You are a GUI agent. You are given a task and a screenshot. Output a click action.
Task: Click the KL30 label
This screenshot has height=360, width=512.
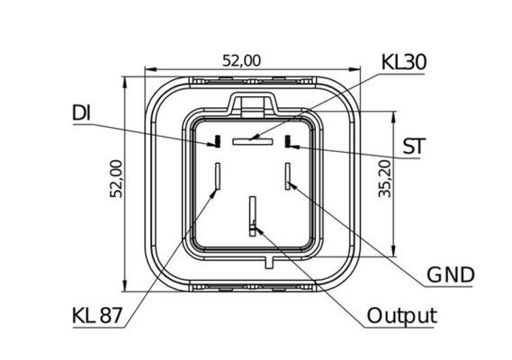[403, 61]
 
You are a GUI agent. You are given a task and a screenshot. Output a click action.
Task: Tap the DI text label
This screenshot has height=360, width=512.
[81, 114]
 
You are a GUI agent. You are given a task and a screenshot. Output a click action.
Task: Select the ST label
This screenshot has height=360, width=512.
[413, 147]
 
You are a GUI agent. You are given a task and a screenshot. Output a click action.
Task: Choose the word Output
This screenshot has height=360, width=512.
[401, 316]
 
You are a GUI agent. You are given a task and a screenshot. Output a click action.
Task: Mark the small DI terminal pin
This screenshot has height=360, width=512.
[216, 141]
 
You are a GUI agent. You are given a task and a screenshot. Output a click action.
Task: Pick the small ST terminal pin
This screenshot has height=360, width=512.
[289, 141]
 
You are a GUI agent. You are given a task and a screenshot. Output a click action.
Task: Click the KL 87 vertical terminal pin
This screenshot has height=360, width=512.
[217, 177]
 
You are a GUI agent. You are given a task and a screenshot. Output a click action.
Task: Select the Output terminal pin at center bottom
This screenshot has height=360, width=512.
[253, 217]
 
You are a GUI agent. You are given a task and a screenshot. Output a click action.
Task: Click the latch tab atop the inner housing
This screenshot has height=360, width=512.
[252, 103]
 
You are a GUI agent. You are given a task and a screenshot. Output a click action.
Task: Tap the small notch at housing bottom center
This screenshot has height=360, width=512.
[269, 262]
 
